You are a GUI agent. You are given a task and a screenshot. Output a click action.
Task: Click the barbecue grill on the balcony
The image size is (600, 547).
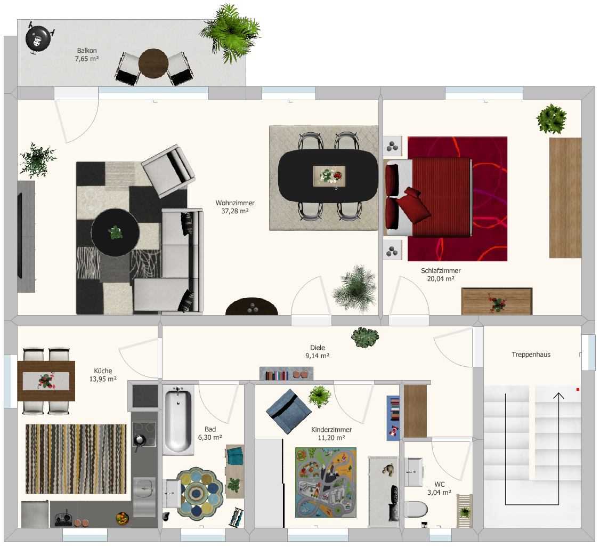click(x=38, y=38)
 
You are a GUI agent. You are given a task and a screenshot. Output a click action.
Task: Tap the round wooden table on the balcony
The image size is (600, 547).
click(x=153, y=63)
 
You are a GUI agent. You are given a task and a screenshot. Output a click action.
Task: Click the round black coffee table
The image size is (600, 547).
click(x=115, y=232)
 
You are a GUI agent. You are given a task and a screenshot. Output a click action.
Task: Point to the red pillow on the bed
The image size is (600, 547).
click(x=413, y=205)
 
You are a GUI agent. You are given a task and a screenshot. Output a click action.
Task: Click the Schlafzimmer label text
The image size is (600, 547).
click(x=441, y=271)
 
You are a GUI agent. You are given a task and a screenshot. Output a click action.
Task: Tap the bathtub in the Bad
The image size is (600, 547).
click(x=178, y=420)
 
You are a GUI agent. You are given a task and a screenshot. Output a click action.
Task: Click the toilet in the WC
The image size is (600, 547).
click(x=416, y=510)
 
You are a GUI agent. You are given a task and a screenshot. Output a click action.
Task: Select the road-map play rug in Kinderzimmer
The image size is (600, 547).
click(x=326, y=482)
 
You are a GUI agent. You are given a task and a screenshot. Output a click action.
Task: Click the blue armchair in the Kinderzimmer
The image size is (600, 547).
click(x=288, y=411)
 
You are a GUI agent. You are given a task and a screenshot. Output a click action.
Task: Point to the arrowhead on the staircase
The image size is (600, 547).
click(x=558, y=396)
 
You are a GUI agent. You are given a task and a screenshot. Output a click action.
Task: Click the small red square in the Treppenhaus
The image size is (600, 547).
click(x=578, y=390)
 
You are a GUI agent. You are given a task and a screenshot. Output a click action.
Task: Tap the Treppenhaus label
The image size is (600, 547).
click(x=531, y=355)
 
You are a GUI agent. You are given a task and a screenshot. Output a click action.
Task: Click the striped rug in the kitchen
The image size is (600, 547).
click(x=76, y=459)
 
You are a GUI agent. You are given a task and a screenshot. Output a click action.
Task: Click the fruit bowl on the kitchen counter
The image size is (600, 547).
click(x=123, y=519)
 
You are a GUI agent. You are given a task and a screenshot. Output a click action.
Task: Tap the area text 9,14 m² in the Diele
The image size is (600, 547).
click(x=317, y=356)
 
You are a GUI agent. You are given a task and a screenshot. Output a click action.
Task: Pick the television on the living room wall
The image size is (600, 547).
click(x=20, y=236)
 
